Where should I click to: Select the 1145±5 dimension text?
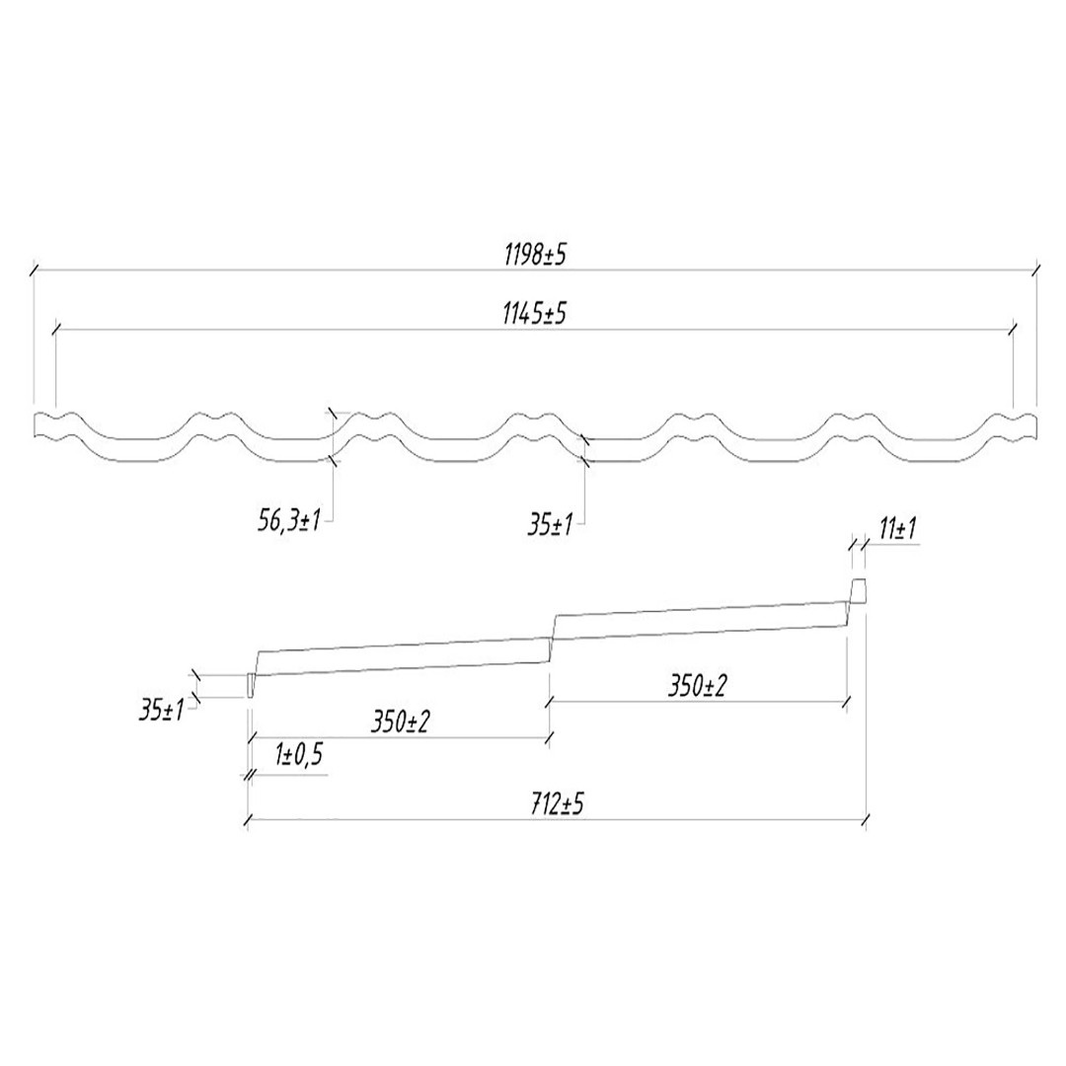(x=534, y=316)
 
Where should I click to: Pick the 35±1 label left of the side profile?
(x=163, y=708)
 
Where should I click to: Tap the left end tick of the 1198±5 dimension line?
(x=35, y=267)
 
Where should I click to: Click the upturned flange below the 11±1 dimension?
(x=859, y=590)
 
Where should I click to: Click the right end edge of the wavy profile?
(x=1035, y=425)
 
